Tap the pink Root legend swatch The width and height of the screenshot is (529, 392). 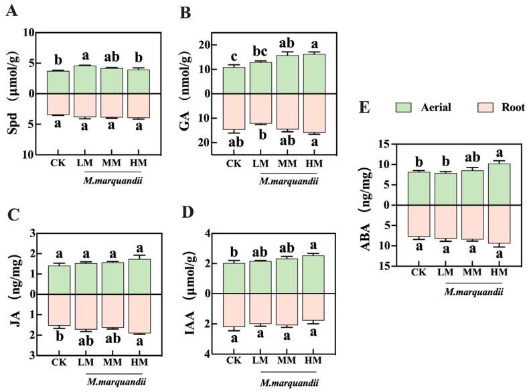tap(485, 107)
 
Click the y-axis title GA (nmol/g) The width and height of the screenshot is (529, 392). tap(190, 93)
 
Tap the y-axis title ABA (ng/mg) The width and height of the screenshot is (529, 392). tap(386, 204)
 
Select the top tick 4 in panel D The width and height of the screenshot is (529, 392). tap(208, 233)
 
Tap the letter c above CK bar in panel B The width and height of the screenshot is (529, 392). tap(234, 56)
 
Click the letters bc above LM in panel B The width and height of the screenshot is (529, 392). tap(261, 51)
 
